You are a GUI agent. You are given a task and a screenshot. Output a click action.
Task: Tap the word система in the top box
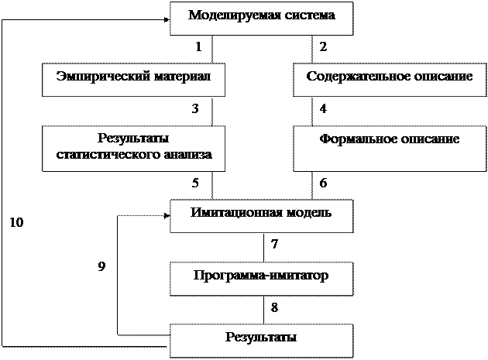pos(308,15)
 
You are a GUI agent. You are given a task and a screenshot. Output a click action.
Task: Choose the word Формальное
pos(356,139)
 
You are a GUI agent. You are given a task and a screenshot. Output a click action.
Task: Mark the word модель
pos(308,212)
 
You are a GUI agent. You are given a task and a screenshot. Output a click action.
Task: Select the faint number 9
pos(102,266)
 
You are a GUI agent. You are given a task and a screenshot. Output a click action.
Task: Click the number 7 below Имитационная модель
pos(274,245)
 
